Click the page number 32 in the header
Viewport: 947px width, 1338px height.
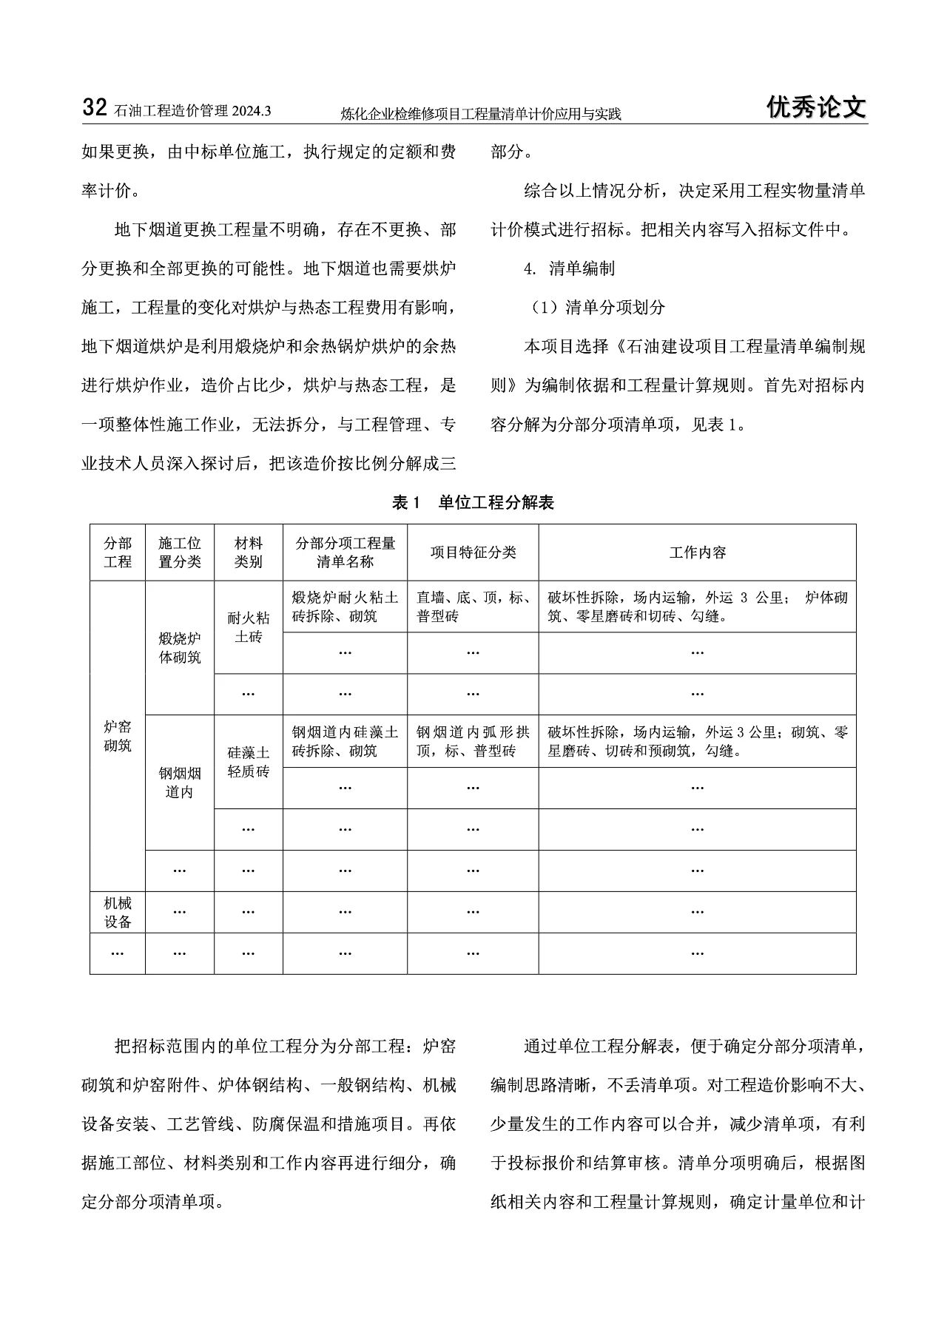95,108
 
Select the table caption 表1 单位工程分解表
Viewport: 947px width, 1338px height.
473,503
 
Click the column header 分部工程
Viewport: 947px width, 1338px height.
118,553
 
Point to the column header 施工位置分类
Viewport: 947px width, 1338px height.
180,553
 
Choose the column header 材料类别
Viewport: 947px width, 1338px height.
249,553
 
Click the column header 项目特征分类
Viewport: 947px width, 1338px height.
473,553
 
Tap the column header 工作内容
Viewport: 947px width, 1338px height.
697,553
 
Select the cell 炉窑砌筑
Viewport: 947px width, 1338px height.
118,736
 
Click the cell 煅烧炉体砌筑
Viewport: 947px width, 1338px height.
180,648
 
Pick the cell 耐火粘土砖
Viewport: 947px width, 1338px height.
249,627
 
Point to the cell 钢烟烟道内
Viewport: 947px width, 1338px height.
180,783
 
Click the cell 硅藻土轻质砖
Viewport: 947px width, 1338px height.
249,762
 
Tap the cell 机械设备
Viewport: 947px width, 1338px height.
118,912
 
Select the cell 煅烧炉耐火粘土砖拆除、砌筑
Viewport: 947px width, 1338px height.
345,607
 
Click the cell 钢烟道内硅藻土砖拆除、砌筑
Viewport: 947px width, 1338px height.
345,741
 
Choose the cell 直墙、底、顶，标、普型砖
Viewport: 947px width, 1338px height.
473,607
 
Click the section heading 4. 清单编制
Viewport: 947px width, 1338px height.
569,268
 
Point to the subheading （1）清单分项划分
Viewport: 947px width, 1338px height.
596,308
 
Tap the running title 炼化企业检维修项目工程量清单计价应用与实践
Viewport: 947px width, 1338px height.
481,114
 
